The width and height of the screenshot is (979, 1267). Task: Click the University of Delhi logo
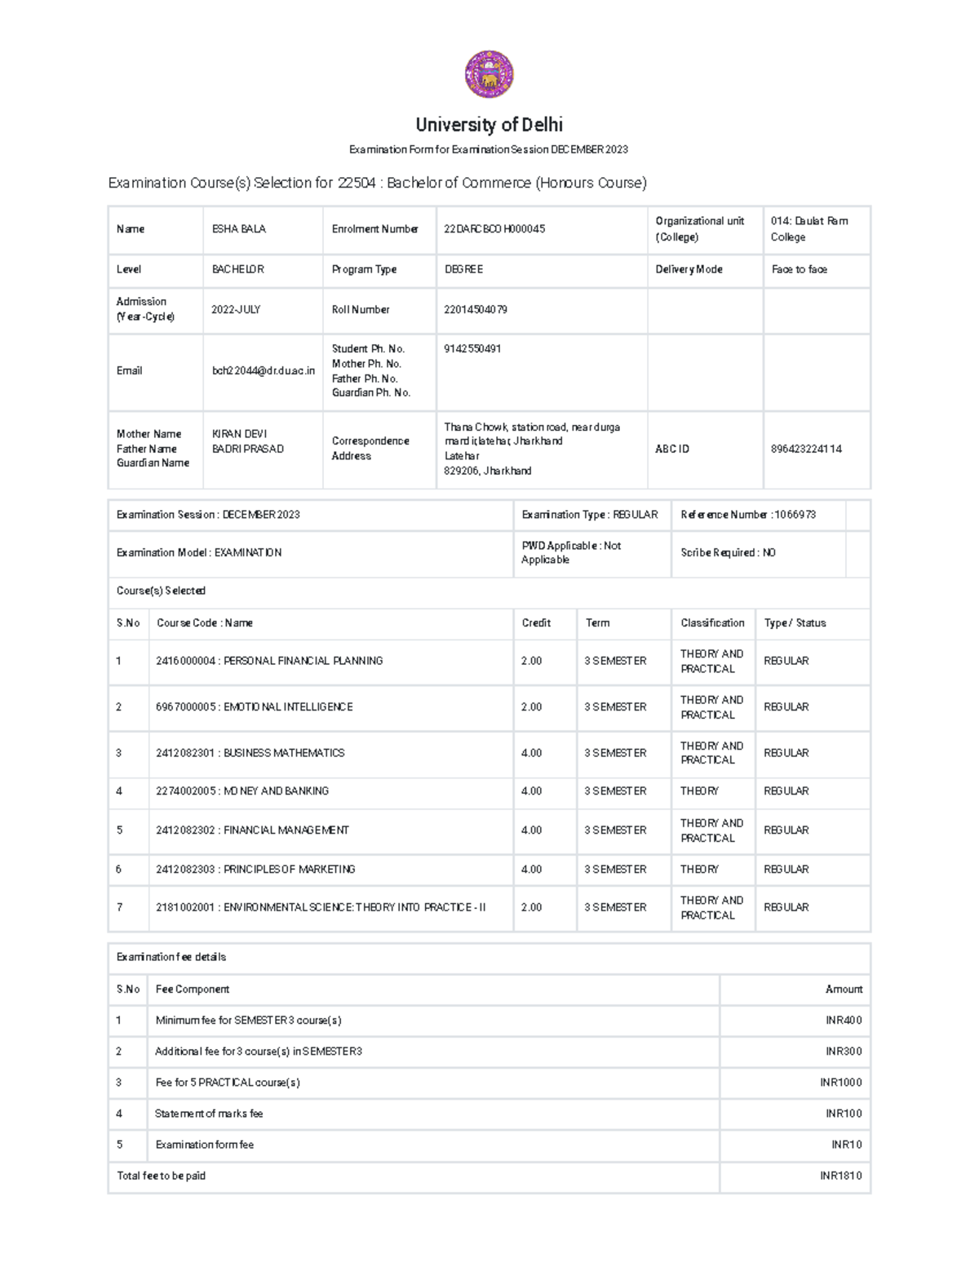(489, 75)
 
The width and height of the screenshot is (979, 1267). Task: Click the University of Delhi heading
(489, 125)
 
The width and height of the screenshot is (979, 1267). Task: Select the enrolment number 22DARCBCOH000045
(494, 229)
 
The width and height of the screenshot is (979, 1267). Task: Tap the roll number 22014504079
(476, 310)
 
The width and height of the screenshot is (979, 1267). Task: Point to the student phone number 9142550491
(472, 349)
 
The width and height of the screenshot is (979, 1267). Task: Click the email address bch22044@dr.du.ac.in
(263, 371)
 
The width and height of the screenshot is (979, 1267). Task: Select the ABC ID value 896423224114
(806, 449)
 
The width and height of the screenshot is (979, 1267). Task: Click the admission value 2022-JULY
(236, 310)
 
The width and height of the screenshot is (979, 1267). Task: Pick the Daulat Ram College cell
(808, 229)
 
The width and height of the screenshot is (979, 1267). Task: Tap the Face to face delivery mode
(799, 269)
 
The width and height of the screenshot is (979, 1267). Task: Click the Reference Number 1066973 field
(748, 515)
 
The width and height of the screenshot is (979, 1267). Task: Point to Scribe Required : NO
(728, 553)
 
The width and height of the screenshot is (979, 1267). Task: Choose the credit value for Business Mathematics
(532, 753)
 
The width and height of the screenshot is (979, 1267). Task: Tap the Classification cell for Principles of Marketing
(699, 870)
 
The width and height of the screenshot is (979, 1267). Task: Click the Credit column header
(536, 623)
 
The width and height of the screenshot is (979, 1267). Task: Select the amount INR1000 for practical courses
(840, 1083)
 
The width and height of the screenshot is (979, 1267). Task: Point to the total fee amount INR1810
(840, 1176)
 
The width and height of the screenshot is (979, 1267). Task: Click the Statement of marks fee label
(209, 1114)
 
